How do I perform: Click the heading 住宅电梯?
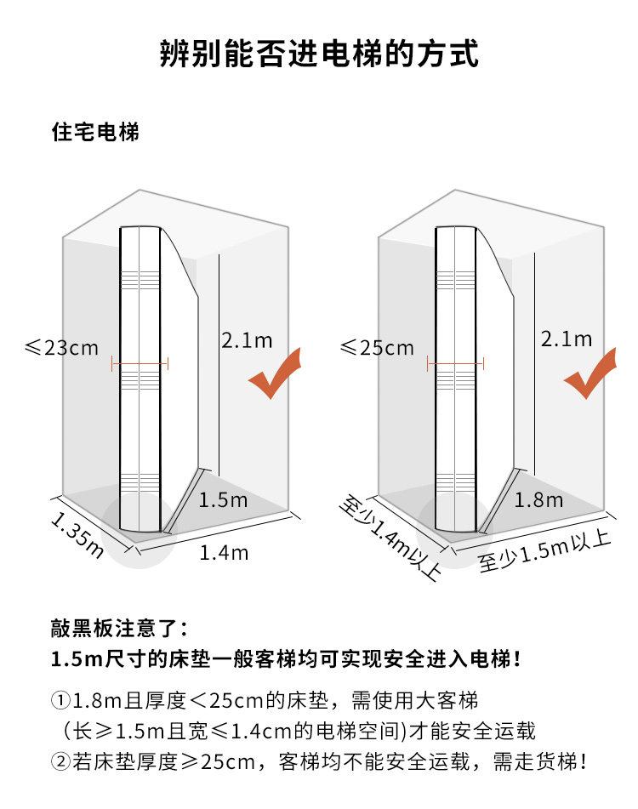[x=95, y=133]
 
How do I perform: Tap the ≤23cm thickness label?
[x=62, y=348]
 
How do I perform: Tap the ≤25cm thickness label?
[x=377, y=348]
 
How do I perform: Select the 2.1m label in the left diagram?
[x=247, y=340]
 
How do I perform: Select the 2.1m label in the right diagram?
[x=567, y=339]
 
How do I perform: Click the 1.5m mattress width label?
[x=223, y=499]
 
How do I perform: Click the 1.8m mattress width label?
[x=538, y=499]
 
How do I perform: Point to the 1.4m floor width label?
[x=224, y=553]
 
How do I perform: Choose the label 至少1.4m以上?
[x=390, y=538]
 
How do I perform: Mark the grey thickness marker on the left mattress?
[x=140, y=364]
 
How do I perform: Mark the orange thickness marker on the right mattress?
[x=455, y=364]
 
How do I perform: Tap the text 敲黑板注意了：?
[x=119, y=630]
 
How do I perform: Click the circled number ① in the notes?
[x=60, y=702]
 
